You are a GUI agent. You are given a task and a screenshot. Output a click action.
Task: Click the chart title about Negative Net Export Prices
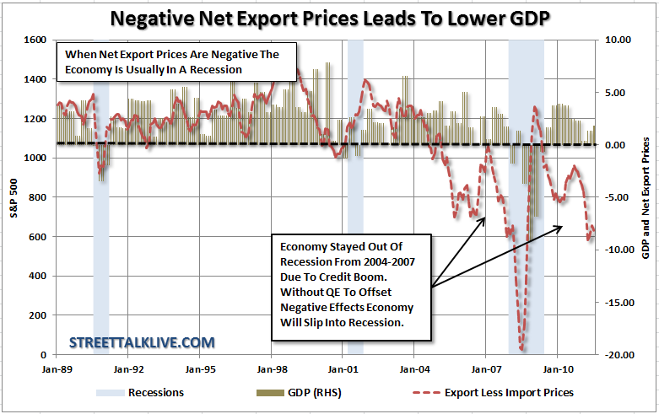pos(329,17)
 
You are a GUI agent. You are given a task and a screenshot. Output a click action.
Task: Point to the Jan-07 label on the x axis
pos(486,368)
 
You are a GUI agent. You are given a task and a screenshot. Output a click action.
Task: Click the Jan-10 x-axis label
pos(558,368)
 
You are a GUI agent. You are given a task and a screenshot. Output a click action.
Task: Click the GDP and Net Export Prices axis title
pos(646,197)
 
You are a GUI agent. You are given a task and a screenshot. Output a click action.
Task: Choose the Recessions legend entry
pos(155,392)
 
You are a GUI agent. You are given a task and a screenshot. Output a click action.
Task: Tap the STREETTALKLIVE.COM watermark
pos(142,342)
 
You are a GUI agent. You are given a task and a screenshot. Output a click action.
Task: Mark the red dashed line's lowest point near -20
pos(522,350)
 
